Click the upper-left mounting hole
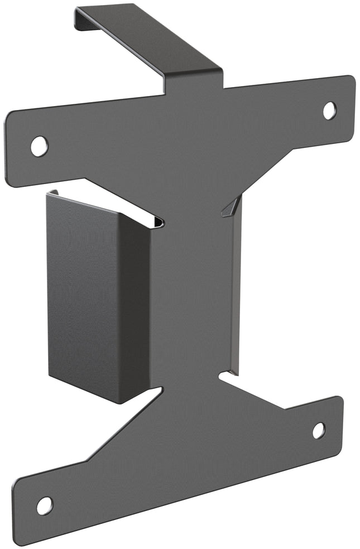39,146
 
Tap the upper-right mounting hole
329,110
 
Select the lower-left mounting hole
45,505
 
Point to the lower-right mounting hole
318,430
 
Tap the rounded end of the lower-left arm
20,511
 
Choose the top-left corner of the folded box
50,194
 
